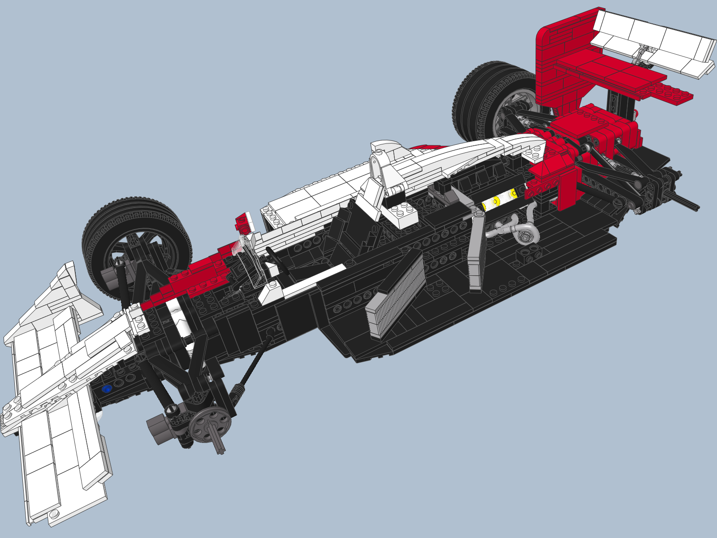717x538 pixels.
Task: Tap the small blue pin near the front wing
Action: pyautogui.click(x=106, y=389)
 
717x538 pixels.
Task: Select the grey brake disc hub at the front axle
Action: pyautogui.click(x=211, y=424)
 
